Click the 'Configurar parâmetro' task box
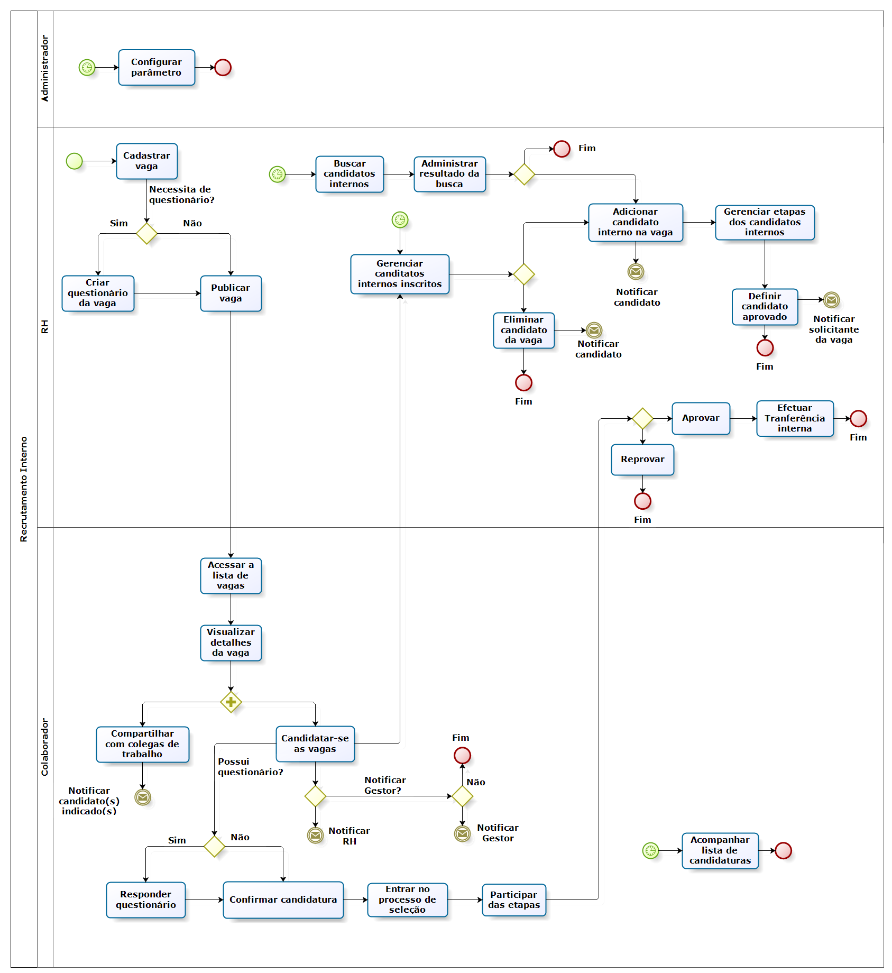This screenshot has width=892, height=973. pos(157,68)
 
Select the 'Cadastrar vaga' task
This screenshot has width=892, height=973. pos(147,161)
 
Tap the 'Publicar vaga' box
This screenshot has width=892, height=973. pos(231,293)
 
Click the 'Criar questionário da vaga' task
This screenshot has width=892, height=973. pos(98,293)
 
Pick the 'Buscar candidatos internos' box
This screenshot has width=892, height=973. pos(350,174)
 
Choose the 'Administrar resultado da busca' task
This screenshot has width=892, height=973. pos(449,174)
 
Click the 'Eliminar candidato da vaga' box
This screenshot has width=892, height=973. pos(523,331)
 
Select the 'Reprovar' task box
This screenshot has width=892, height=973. pos(642,460)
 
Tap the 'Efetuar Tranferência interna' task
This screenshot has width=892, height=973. pos(795,418)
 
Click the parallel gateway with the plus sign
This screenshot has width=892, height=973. pos(231,702)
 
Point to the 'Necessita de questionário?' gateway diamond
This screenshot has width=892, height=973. pos(146,233)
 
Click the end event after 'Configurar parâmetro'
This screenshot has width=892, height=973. pos(223,68)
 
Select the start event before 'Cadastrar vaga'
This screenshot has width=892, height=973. pos(75,161)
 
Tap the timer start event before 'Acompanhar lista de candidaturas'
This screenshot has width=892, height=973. pos(650,851)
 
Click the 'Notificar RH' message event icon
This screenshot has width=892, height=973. pos(316,835)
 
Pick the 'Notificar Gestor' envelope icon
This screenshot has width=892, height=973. pos(462,834)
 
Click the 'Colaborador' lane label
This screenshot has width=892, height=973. pos(45,747)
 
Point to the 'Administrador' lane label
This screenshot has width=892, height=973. pos(45,69)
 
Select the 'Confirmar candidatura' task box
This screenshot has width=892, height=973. pos(283,900)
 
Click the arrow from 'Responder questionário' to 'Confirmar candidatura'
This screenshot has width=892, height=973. pos(204,900)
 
